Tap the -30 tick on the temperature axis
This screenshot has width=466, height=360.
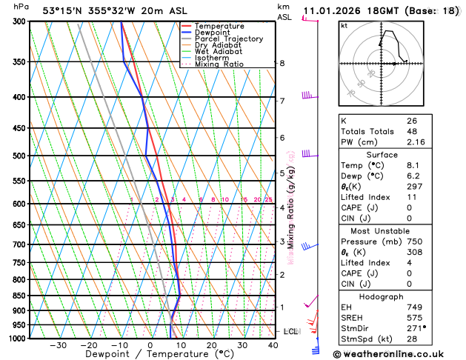pyautogui.click(x=58, y=345)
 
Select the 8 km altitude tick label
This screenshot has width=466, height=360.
pyautogui.click(x=282, y=64)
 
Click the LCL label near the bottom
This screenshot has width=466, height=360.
pyautogui.click(x=290, y=331)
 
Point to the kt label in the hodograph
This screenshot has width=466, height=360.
pyautogui.click(x=344, y=25)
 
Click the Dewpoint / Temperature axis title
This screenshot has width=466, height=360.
pyautogui.click(x=150, y=355)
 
